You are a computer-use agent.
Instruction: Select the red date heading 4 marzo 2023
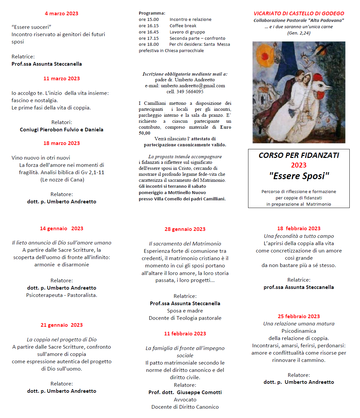click(61, 14)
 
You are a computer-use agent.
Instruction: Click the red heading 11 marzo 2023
click(61, 79)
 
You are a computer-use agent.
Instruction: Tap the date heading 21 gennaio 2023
click(61, 325)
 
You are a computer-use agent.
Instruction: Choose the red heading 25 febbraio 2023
click(299, 316)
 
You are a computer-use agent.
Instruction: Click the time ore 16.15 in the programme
click(149, 26)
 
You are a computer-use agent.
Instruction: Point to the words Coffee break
click(183, 26)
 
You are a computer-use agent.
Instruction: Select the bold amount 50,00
click(144, 133)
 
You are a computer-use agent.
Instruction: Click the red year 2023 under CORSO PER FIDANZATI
click(299, 165)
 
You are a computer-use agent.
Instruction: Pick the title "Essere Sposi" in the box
click(299, 176)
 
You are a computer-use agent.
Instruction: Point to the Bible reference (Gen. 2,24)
click(299, 33)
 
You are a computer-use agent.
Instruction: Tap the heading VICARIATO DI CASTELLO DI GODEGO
click(299, 14)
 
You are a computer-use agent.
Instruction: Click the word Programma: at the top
click(152, 13)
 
